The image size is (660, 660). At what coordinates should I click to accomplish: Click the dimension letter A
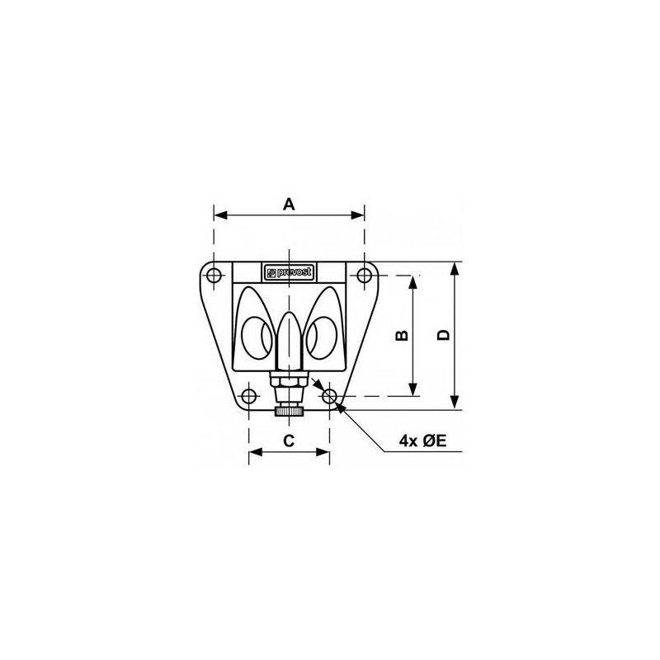(289, 204)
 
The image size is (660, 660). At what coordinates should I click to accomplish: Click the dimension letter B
(403, 336)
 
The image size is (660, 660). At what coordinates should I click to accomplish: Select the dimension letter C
(289, 441)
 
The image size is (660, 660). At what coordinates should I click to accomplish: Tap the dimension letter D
(443, 335)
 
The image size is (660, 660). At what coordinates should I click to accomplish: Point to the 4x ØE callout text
(422, 441)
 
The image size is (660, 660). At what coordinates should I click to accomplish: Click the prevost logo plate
(290, 272)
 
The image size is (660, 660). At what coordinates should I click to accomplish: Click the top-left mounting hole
(214, 276)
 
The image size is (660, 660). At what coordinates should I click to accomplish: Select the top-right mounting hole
(364, 276)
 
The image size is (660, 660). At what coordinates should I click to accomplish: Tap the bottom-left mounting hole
(249, 396)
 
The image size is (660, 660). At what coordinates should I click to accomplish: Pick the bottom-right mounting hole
(329, 396)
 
